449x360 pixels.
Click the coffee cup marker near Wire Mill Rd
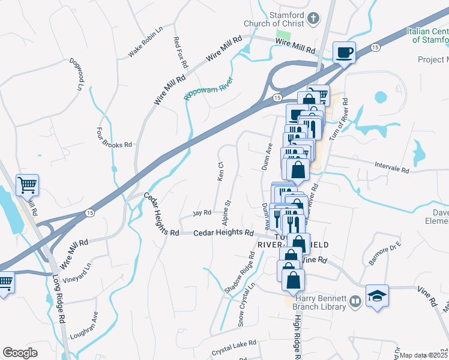coord(344,53)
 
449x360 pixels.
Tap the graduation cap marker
coord(377,295)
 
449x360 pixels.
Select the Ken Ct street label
coord(220,172)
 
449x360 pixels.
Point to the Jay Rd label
coord(202,212)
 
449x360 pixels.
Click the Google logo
coord(20,353)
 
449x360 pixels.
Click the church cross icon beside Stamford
coord(313,19)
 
